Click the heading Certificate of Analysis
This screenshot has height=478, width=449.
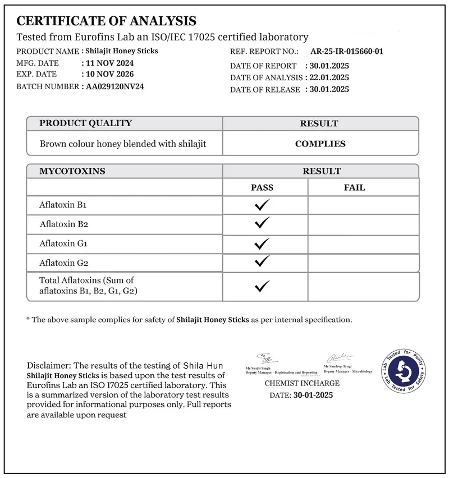(x=107, y=21)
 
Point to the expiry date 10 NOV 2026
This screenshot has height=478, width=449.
(x=108, y=74)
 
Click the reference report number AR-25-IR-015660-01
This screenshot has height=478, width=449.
(x=346, y=52)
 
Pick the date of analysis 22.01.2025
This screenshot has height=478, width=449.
(x=327, y=77)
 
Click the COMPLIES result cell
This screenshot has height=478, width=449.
(x=320, y=144)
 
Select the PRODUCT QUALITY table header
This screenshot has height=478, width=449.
(x=85, y=123)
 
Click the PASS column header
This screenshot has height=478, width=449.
(x=262, y=187)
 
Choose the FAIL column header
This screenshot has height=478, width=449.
(x=354, y=187)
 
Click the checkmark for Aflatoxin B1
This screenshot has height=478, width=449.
(x=262, y=205)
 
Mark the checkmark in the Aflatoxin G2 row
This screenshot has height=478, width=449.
(x=262, y=261)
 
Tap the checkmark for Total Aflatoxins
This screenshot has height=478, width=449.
(x=262, y=286)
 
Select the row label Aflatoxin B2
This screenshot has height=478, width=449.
(x=64, y=224)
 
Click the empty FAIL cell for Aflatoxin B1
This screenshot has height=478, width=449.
(x=363, y=205)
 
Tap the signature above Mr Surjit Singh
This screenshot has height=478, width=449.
(x=265, y=357)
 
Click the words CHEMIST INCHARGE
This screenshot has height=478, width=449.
(x=302, y=383)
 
